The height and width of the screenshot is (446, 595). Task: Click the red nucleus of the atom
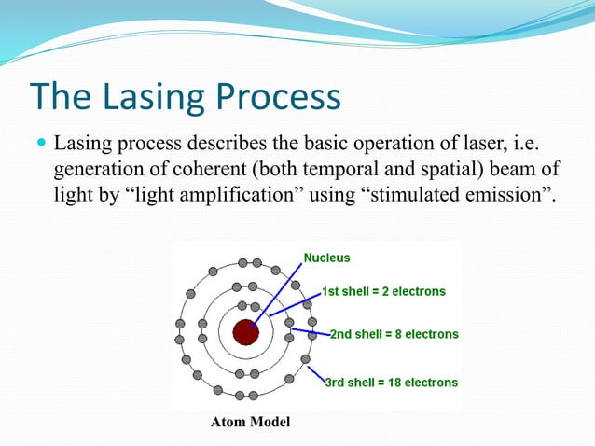click(245, 331)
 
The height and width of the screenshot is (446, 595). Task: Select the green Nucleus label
click(327, 257)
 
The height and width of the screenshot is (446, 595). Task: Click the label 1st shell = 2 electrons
click(383, 291)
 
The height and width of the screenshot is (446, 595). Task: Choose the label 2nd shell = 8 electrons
click(394, 334)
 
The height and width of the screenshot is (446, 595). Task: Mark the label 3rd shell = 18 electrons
click(391, 383)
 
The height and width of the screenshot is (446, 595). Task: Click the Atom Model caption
click(250, 423)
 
